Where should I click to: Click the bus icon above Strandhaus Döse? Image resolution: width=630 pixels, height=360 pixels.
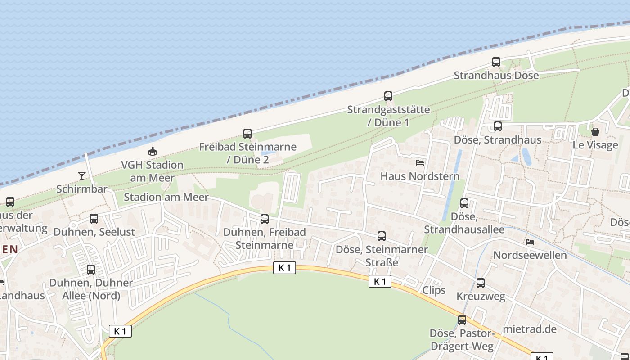point(496,62)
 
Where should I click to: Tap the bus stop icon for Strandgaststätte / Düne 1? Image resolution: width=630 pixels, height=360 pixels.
point(388,96)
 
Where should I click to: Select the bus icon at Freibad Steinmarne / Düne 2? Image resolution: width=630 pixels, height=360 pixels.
point(247,133)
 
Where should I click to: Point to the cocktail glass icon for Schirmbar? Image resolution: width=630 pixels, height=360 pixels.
point(82,175)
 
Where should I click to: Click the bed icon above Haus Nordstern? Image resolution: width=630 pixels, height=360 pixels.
point(420,162)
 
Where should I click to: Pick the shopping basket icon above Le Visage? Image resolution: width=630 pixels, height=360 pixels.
point(595,132)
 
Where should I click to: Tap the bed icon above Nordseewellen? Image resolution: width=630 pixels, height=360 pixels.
point(530,242)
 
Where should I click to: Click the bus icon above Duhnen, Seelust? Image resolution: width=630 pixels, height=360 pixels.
point(94,219)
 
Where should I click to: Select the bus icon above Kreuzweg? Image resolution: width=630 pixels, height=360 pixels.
point(481,283)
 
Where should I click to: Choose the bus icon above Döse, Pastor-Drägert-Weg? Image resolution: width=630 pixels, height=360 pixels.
point(462,320)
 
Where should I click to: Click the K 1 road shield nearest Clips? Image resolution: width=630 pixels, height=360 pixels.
point(380,282)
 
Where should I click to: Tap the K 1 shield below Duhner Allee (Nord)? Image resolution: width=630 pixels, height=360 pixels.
point(120,331)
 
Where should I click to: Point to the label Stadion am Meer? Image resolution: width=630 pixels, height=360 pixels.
point(166,197)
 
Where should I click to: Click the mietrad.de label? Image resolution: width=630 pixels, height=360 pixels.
point(530,329)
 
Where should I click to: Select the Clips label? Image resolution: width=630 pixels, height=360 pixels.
point(434,290)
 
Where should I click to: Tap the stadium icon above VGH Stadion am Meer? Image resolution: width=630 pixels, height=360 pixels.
point(153,152)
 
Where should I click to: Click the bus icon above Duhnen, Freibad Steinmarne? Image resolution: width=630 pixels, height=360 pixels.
point(265,219)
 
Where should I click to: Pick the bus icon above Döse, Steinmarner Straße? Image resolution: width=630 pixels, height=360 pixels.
point(382,236)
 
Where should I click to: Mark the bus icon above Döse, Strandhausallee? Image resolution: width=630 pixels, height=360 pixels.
point(464,203)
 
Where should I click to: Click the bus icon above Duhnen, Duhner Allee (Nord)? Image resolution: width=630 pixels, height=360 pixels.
point(91,270)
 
